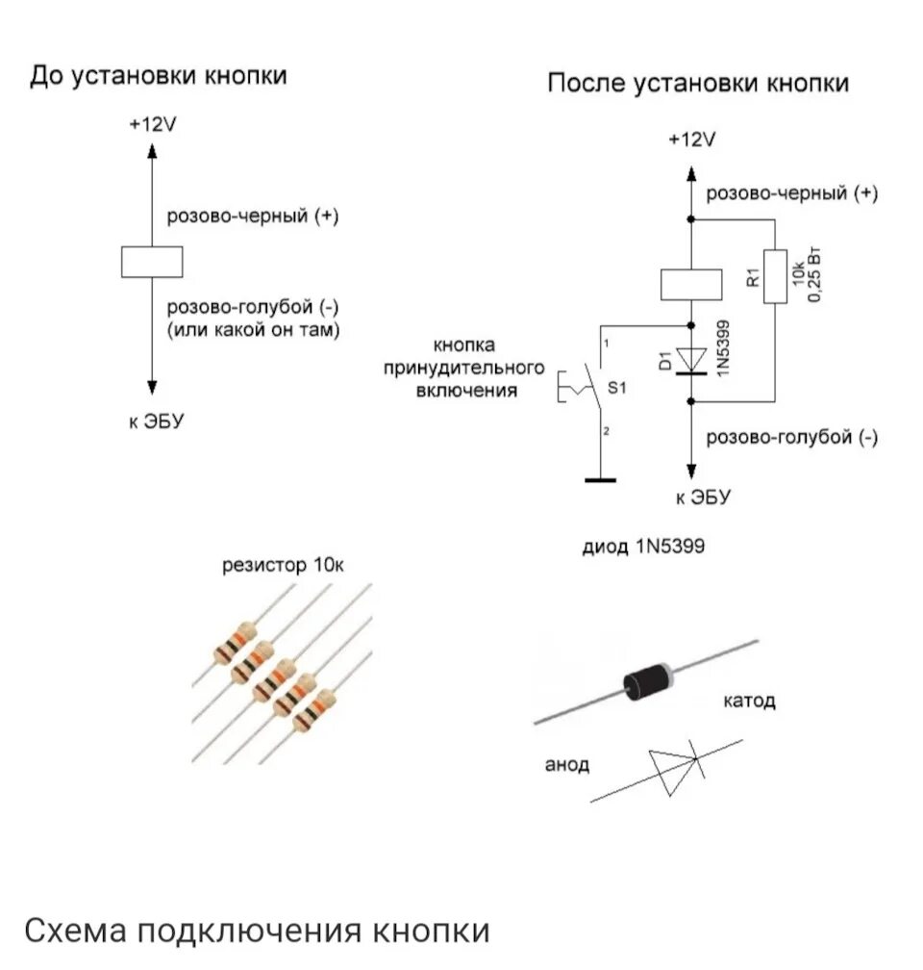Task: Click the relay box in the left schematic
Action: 151,262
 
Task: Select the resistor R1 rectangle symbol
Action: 775,276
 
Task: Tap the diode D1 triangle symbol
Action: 691,358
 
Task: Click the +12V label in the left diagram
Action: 153,125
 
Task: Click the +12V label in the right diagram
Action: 692,140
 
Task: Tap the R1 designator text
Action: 754,277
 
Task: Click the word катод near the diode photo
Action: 749,701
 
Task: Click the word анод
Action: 567,765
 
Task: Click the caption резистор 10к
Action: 282,565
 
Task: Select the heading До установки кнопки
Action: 159,76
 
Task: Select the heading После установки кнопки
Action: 698,84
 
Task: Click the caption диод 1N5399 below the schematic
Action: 643,547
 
